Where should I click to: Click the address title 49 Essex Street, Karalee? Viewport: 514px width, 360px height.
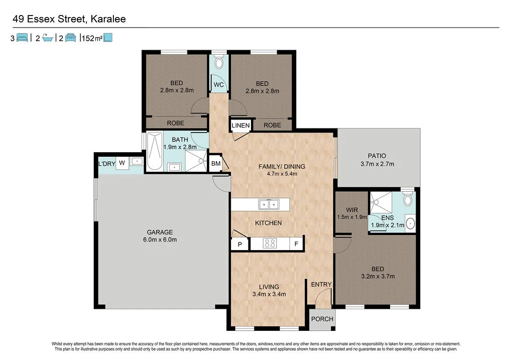click(68, 19)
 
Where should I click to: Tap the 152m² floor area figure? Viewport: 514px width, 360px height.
click(91, 38)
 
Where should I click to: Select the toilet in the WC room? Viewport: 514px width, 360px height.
click(218, 63)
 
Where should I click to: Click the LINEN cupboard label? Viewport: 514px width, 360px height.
click(241, 125)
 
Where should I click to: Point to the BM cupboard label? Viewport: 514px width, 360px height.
click(216, 164)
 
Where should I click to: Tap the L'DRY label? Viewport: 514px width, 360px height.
click(106, 164)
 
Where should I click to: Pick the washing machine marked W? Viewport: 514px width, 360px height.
click(121, 163)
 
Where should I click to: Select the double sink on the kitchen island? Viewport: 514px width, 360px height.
click(269, 204)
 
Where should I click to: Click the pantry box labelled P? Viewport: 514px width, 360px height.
click(240, 244)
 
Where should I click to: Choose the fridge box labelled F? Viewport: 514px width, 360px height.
click(297, 244)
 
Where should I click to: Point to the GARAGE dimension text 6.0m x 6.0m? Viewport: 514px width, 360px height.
click(160, 239)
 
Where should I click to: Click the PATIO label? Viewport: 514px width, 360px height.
click(377, 156)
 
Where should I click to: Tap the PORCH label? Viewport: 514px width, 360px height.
click(322, 319)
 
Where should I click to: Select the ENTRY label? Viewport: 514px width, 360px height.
click(321, 284)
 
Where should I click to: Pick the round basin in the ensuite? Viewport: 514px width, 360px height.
click(410, 223)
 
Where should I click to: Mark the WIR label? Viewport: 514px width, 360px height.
click(351, 209)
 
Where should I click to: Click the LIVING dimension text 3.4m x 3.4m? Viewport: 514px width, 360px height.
click(269, 294)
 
